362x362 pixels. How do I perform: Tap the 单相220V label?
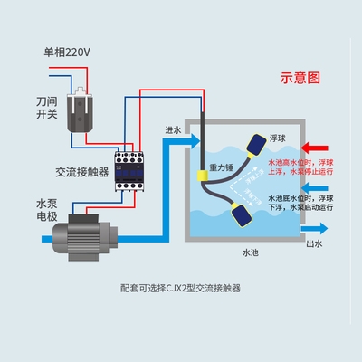coord(68,51)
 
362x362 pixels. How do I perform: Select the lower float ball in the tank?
coord(240,215)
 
